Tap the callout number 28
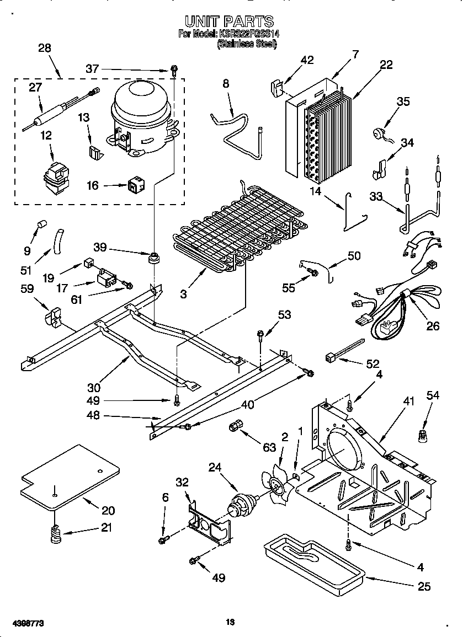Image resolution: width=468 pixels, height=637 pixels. pyautogui.click(x=44, y=48)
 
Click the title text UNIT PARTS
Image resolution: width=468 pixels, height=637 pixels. pyautogui.click(x=229, y=22)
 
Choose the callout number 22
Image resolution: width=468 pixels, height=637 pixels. pyautogui.click(x=386, y=65)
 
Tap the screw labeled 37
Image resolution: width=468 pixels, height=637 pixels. pyautogui.click(x=174, y=69)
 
